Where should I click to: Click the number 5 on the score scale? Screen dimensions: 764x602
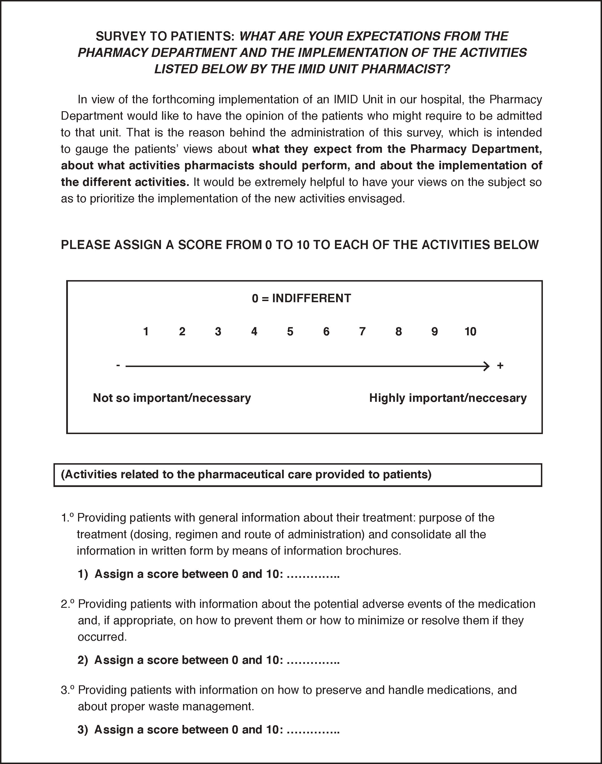point(290,331)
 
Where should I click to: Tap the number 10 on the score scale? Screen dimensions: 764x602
point(470,331)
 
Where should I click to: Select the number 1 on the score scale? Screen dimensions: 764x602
point(146,331)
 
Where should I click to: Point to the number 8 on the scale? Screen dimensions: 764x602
point(398,331)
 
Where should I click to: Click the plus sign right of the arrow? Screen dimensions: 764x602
point(500,366)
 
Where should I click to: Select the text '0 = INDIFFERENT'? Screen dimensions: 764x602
point(301,298)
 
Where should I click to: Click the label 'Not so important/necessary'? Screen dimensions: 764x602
point(172,398)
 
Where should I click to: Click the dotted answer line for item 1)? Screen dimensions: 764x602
point(313,574)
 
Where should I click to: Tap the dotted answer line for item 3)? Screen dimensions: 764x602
point(313,729)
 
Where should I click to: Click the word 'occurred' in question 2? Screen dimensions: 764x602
point(102,637)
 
